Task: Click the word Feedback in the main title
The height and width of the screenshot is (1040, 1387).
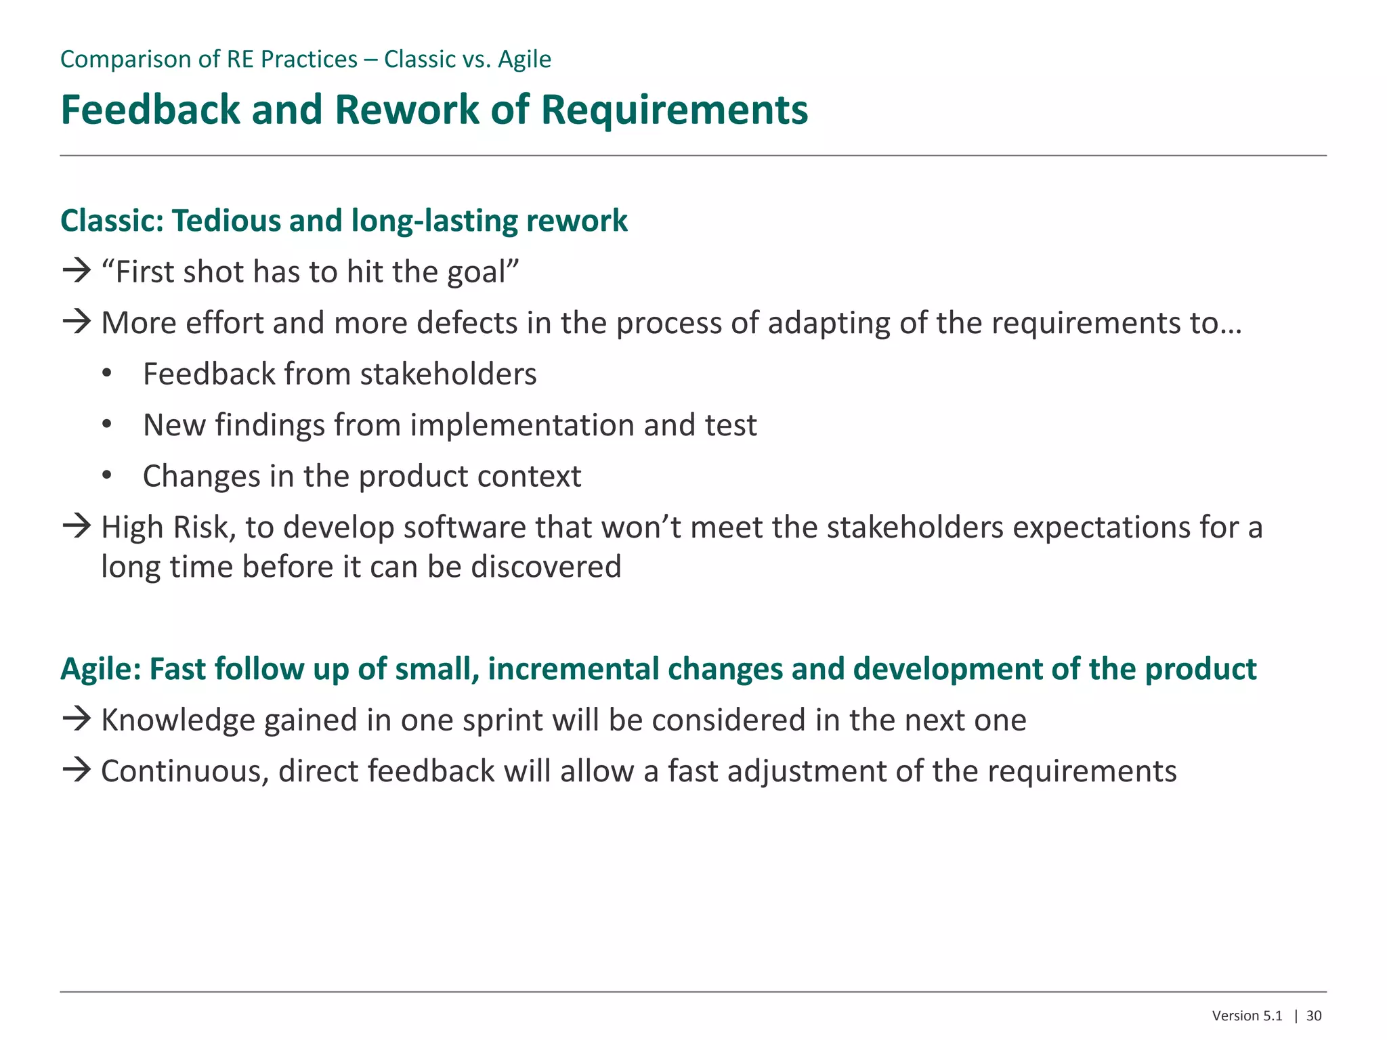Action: point(150,110)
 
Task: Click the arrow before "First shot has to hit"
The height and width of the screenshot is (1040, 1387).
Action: point(77,271)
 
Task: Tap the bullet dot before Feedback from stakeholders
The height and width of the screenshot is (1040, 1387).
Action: point(106,374)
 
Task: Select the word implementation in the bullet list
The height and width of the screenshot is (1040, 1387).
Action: point(522,426)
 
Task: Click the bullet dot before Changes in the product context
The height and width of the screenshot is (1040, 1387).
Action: point(106,477)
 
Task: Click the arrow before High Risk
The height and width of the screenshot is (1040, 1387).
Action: point(77,526)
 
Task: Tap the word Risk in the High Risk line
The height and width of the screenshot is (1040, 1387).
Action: point(202,527)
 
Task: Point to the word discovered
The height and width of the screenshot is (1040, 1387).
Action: point(546,567)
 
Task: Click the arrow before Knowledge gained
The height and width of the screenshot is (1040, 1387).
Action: point(77,719)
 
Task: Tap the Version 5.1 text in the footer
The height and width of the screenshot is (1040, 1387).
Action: point(1247,1016)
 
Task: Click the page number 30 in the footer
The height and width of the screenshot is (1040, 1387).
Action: point(1314,1016)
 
